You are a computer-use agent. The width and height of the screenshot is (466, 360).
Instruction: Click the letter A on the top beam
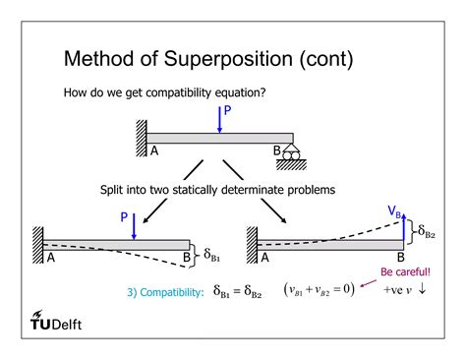[x=155, y=151]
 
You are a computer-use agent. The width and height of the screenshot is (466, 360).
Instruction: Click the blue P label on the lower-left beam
[x=124, y=216]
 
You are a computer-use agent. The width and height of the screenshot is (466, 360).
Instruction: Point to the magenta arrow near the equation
[x=370, y=284]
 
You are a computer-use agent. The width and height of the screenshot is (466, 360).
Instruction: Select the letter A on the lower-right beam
[x=264, y=258]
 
